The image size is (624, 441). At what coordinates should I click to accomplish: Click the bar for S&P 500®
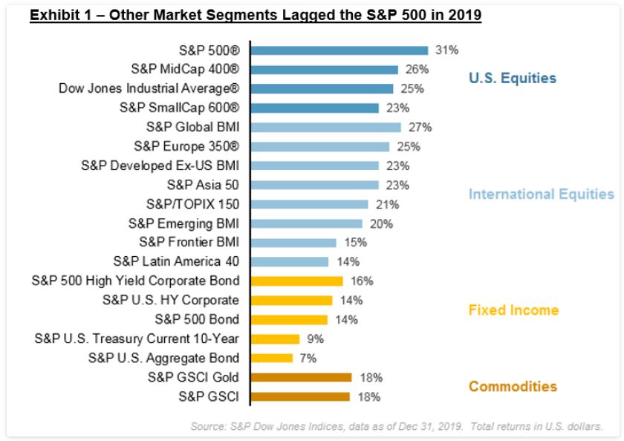[x=339, y=50]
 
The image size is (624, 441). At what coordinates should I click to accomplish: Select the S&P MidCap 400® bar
[x=325, y=70]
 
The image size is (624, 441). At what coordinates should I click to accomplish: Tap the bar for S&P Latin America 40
[x=290, y=261]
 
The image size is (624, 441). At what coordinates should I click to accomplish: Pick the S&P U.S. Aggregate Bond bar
[x=272, y=358]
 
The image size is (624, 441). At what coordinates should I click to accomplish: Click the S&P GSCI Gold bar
[x=301, y=377]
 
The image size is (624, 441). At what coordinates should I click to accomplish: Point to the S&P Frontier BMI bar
[x=293, y=242]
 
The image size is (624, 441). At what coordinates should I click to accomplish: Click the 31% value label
[x=447, y=50]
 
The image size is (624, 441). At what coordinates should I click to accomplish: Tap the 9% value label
[x=315, y=339]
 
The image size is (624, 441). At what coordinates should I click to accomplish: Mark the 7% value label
[x=308, y=358]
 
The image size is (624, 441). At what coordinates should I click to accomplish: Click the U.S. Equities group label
[x=512, y=78]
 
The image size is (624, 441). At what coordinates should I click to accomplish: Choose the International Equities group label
[x=541, y=195]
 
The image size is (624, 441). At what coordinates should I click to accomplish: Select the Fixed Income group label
[x=513, y=310]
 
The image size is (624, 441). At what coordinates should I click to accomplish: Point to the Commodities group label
[x=513, y=386]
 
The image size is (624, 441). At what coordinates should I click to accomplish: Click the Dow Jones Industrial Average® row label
[x=149, y=88]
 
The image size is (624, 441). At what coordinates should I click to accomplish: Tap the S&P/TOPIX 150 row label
[x=191, y=203]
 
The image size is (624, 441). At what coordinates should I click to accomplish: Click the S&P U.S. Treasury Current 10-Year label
[x=137, y=339]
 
